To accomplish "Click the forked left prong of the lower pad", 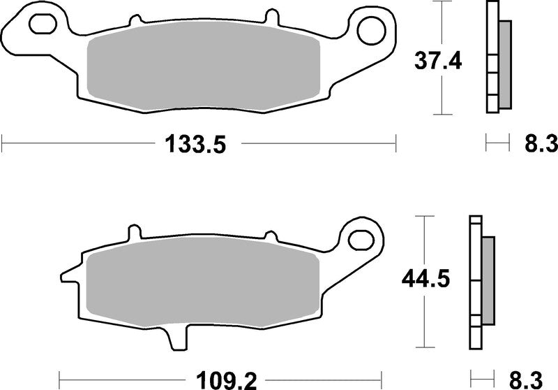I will pos(68,272).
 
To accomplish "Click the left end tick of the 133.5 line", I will pos(3,145).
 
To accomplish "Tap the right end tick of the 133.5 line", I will pos(395,145).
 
